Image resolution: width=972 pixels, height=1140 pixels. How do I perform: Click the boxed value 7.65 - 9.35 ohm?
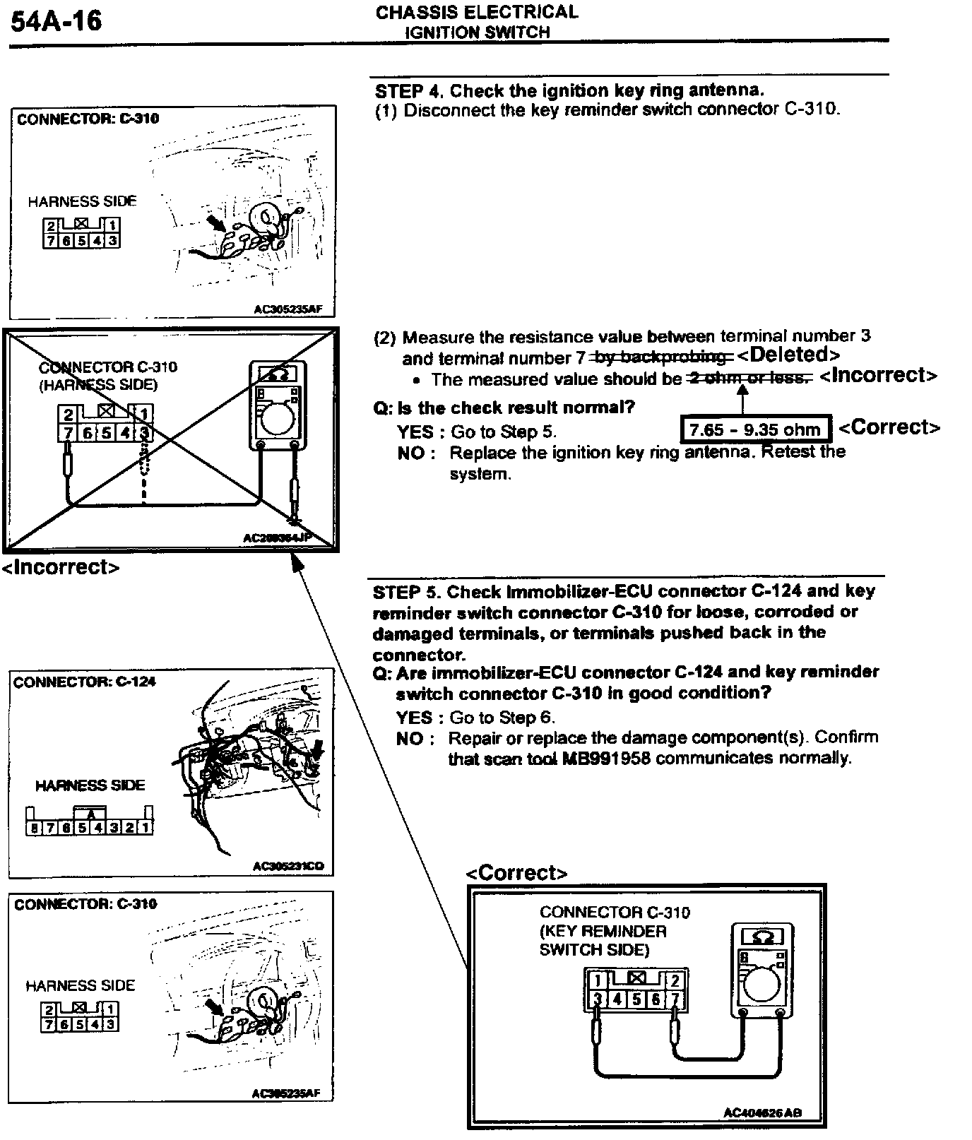(754, 429)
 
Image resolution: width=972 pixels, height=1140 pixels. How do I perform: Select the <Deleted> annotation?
(788, 355)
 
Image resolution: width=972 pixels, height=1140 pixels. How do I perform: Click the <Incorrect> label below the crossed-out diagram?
(61, 567)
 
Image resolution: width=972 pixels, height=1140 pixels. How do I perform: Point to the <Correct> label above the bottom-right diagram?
(516, 873)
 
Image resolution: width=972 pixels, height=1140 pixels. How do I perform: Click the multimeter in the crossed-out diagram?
(278, 406)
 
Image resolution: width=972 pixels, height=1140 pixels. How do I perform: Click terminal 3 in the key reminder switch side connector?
(598, 999)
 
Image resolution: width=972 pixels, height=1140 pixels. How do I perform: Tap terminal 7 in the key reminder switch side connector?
(675, 999)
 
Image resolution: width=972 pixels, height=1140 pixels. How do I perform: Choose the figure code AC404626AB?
(762, 1112)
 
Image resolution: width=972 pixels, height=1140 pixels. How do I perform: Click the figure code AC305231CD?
(288, 866)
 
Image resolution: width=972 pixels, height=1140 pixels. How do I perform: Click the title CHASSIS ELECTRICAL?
(476, 12)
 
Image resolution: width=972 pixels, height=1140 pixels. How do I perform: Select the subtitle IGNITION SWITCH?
(477, 32)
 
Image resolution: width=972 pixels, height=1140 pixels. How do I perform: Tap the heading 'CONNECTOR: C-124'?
(85, 682)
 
